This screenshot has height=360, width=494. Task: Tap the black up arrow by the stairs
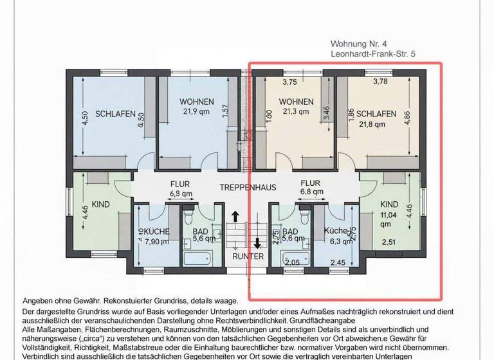point(235,218)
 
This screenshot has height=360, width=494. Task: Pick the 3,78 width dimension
point(381,82)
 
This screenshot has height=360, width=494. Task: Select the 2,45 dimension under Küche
point(337,262)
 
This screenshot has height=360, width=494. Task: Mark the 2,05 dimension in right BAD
point(293,262)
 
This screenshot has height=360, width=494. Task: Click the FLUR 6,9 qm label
point(181,187)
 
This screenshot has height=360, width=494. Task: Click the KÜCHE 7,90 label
point(155,237)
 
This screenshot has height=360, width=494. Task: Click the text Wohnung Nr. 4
point(358,44)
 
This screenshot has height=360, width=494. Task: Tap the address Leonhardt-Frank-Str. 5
point(372,55)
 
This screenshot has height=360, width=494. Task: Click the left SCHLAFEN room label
point(115,114)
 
